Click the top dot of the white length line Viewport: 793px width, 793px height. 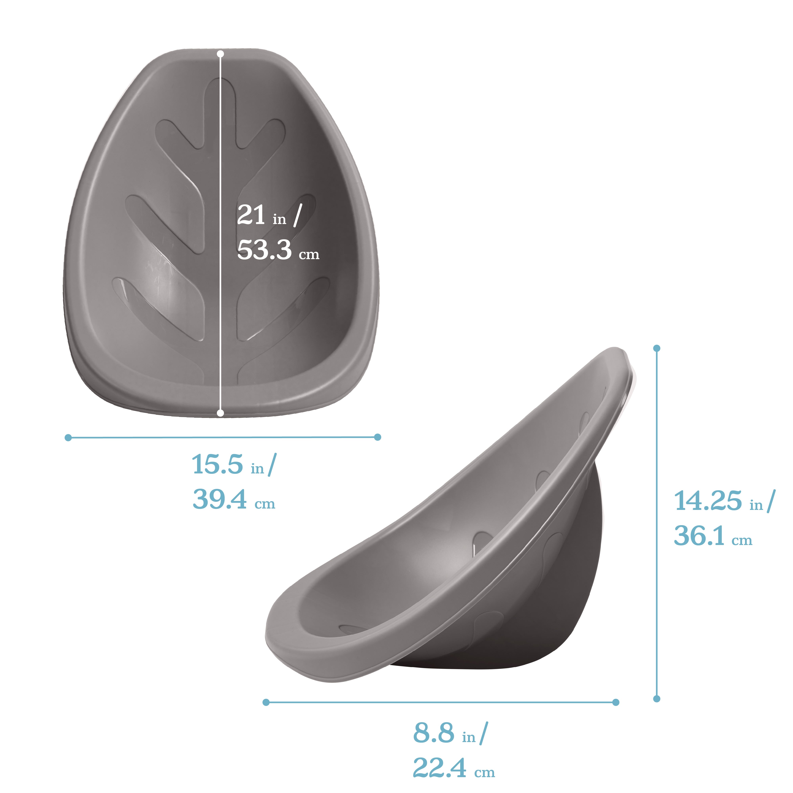(x=220, y=54)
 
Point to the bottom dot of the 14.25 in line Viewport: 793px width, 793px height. (x=657, y=699)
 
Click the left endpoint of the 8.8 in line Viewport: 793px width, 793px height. (x=266, y=702)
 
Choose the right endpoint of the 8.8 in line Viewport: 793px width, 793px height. (x=616, y=702)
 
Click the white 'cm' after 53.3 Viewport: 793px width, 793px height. (x=309, y=255)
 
